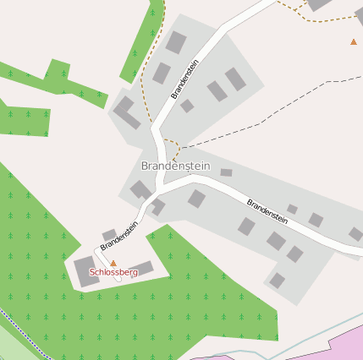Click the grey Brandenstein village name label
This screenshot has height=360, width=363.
pyautogui.click(x=175, y=166)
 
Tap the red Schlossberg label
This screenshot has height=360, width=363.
pyautogui.click(x=113, y=273)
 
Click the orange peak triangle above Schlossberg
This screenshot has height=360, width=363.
pyautogui.click(x=113, y=264)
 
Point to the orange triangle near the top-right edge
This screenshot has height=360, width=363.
pyautogui.click(x=354, y=41)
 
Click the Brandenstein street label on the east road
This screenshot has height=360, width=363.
pyautogui.click(x=267, y=211)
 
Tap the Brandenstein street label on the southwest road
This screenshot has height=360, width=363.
pyautogui.click(x=119, y=236)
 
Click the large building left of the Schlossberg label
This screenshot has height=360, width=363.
pyautogui.click(x=86, y=271)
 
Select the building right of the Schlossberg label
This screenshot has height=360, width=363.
pyautogui.click(x=141, y=269)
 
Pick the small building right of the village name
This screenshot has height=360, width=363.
pyautogui.click(x=226, y=172)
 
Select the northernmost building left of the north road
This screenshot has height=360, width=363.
pyautogui.click(x=176, y=41)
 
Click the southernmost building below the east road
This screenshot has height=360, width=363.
pyautogui.click(x=277, y=281)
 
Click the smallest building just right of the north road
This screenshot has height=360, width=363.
pyautogui.click(x=187, y=106)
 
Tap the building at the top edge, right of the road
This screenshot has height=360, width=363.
pyautogui.click(x=319, y=4)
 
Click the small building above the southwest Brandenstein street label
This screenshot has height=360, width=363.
pyautogui.click(x=109, y=234)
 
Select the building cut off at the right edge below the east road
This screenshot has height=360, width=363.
pyautogui.click(x=356, y=234)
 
